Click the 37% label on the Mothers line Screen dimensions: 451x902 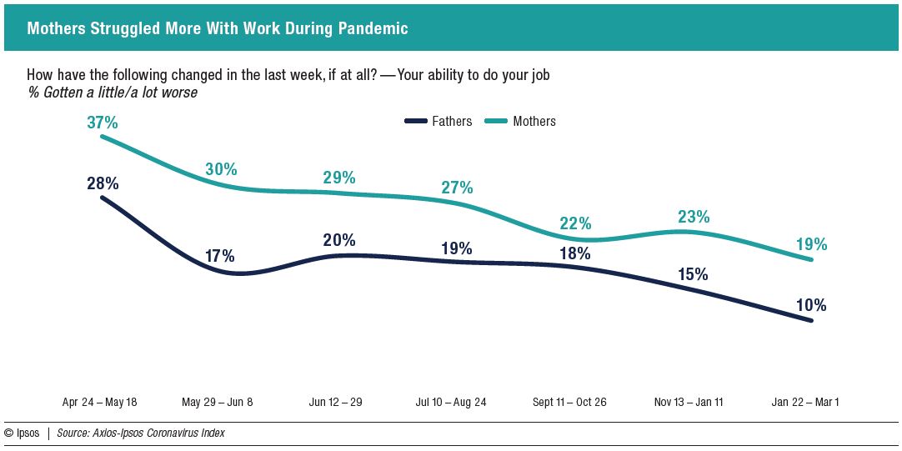(x=102, y=123)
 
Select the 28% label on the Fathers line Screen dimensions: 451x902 (x=102, y=183)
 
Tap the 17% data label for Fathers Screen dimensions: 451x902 (x=221, y=256)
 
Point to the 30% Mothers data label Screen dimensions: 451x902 (x=221, y=169)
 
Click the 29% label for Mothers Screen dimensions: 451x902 (x=339, y=178)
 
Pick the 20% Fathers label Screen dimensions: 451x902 (x=339, y=240)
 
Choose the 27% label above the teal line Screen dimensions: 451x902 (x=457, y=188)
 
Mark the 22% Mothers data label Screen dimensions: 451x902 (x=575, y=223)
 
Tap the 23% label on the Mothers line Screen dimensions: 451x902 (x=694, y=217)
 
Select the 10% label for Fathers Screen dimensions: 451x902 (x=810, y=306)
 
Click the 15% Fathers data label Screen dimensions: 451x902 (x=694, y=273)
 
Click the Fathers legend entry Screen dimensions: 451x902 (x=438, y=122)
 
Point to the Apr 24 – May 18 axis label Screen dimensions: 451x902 (x=99, y=402)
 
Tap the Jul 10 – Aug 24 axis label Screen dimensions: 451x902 (x=451, y=402)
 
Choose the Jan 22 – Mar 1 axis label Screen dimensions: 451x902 (x=804, y=402)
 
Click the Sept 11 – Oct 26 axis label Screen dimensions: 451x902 (x=569, y=402)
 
